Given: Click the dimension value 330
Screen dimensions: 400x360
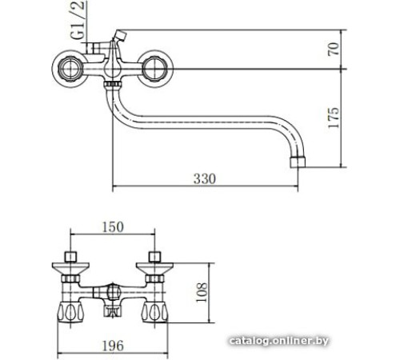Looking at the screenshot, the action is (x=205, y=179).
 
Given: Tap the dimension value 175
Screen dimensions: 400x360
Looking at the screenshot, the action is (x=334, y=118).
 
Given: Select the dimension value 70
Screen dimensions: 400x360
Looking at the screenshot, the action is (x=334, y=49).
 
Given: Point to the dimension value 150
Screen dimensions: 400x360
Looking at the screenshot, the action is (x=113, y=227).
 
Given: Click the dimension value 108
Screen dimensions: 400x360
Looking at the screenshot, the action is (x=202, y=292).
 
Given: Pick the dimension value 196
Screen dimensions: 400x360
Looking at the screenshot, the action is (x=113, y=346).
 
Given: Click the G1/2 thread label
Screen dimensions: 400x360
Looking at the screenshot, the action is (x=78, y=20).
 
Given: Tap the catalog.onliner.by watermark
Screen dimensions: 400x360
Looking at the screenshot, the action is (x=278, y=341).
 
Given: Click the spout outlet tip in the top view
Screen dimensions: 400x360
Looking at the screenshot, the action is (x=298, y=162).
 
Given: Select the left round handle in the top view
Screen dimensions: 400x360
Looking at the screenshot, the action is (x=70, y=69).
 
